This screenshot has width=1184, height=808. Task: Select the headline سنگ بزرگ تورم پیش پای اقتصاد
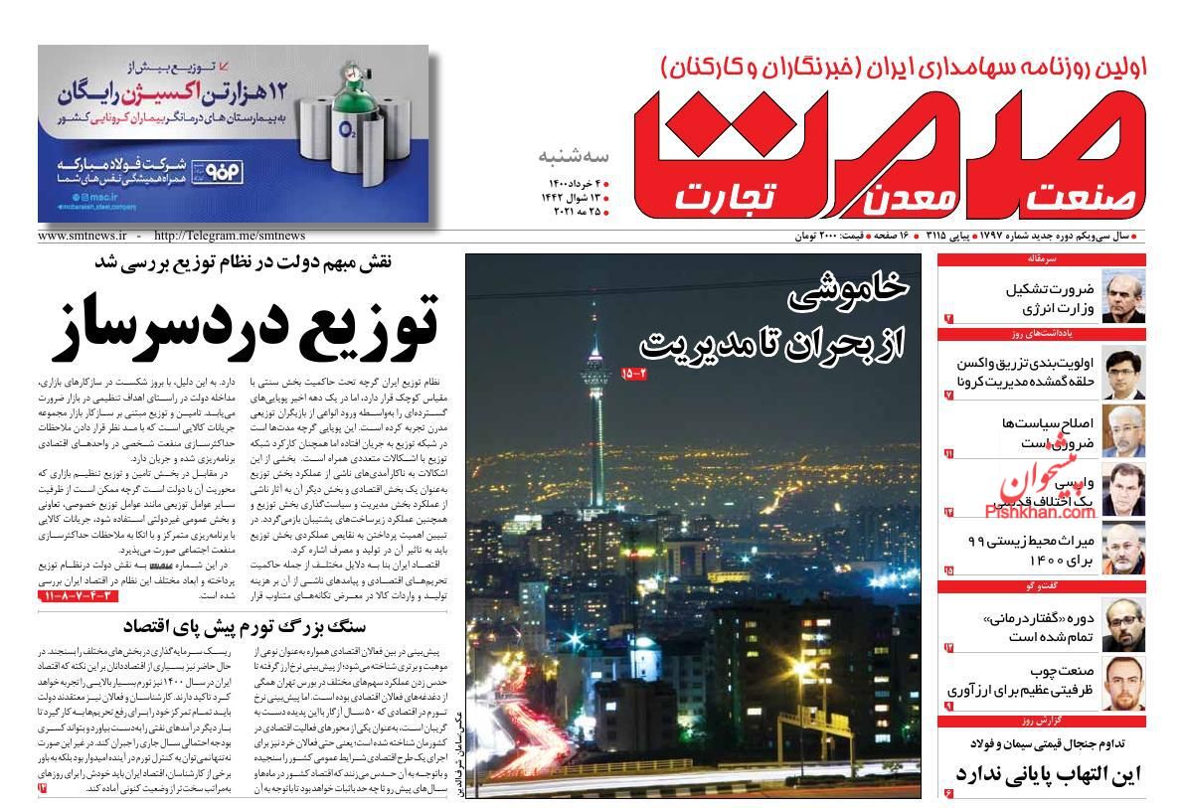point(245,626)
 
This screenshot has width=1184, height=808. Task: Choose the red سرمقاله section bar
point(1041,259)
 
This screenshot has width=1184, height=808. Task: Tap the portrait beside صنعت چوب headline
point(1123,684)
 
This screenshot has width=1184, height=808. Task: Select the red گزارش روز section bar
point(1041,719)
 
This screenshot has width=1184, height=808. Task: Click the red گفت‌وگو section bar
point(1041,587)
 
